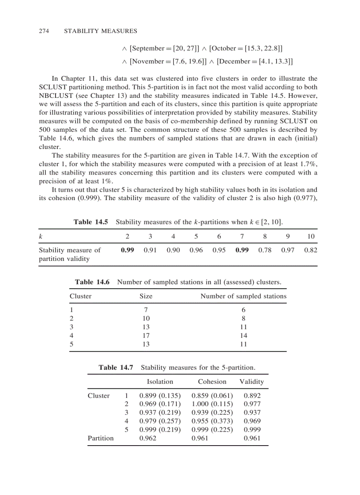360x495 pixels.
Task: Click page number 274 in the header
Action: click(43, 31)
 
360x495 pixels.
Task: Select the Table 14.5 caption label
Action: click(90, 222)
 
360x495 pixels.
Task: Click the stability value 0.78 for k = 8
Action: click(265, 250)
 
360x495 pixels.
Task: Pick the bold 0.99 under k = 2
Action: click(127, 250)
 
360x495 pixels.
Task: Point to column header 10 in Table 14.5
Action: click(311, 236)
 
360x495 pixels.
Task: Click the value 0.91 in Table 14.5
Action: click(150, 250)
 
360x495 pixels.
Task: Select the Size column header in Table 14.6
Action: click(146, 296)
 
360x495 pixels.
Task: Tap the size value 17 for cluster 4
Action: click(146, 335)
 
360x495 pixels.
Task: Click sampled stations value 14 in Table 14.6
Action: click(243, 335)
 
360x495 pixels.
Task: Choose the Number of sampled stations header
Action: click(243, 296)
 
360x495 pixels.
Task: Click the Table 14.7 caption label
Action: click(116, 367)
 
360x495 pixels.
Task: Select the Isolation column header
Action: click(160, 382)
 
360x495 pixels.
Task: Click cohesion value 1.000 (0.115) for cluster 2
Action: click(212, 404)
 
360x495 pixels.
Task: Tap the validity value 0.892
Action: click(252, 395)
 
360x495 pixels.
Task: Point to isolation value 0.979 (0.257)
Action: click(160, 421)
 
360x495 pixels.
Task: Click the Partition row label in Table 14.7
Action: click(101, 438)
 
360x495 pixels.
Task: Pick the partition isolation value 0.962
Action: click(148, 438)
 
